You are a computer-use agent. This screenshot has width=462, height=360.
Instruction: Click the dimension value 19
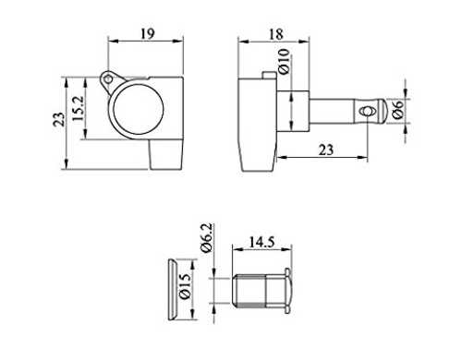(148, 34)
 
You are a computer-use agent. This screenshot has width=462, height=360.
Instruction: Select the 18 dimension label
(276, 34)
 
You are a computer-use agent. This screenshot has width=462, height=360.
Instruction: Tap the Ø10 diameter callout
(284, 62)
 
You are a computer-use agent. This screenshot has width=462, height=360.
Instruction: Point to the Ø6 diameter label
(398, 110)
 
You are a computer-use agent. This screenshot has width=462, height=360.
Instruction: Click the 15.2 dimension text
(79, 108)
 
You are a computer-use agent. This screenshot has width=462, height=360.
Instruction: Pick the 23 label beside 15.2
(59, 120)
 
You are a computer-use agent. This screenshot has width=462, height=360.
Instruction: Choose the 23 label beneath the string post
(326, 150)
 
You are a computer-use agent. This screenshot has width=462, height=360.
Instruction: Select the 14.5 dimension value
(261, 242)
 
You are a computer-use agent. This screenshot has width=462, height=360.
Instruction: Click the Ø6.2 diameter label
(207, 238)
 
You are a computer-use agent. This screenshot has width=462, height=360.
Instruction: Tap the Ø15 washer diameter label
(184, 286)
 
